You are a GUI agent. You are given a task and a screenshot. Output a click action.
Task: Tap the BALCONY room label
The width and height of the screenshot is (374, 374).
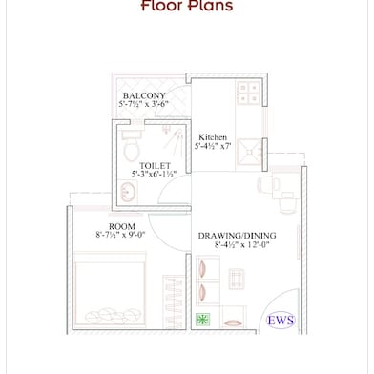(x=145, y=95)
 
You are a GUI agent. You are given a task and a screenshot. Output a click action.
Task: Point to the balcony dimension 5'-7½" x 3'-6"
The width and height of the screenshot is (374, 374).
(x=144, y=104)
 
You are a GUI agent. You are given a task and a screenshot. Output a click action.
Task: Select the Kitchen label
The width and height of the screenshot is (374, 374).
(x=212, y=137)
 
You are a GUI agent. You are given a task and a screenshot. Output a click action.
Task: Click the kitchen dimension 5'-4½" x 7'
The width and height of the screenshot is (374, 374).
(x=215, y=148)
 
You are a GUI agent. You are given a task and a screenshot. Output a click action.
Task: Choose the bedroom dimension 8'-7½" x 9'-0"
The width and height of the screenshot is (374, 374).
(x=119, y=234)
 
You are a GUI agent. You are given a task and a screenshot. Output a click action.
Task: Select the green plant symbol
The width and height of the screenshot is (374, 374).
(x=202, y=320)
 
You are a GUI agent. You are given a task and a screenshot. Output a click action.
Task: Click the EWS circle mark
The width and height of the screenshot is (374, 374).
(x=281, y=319)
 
